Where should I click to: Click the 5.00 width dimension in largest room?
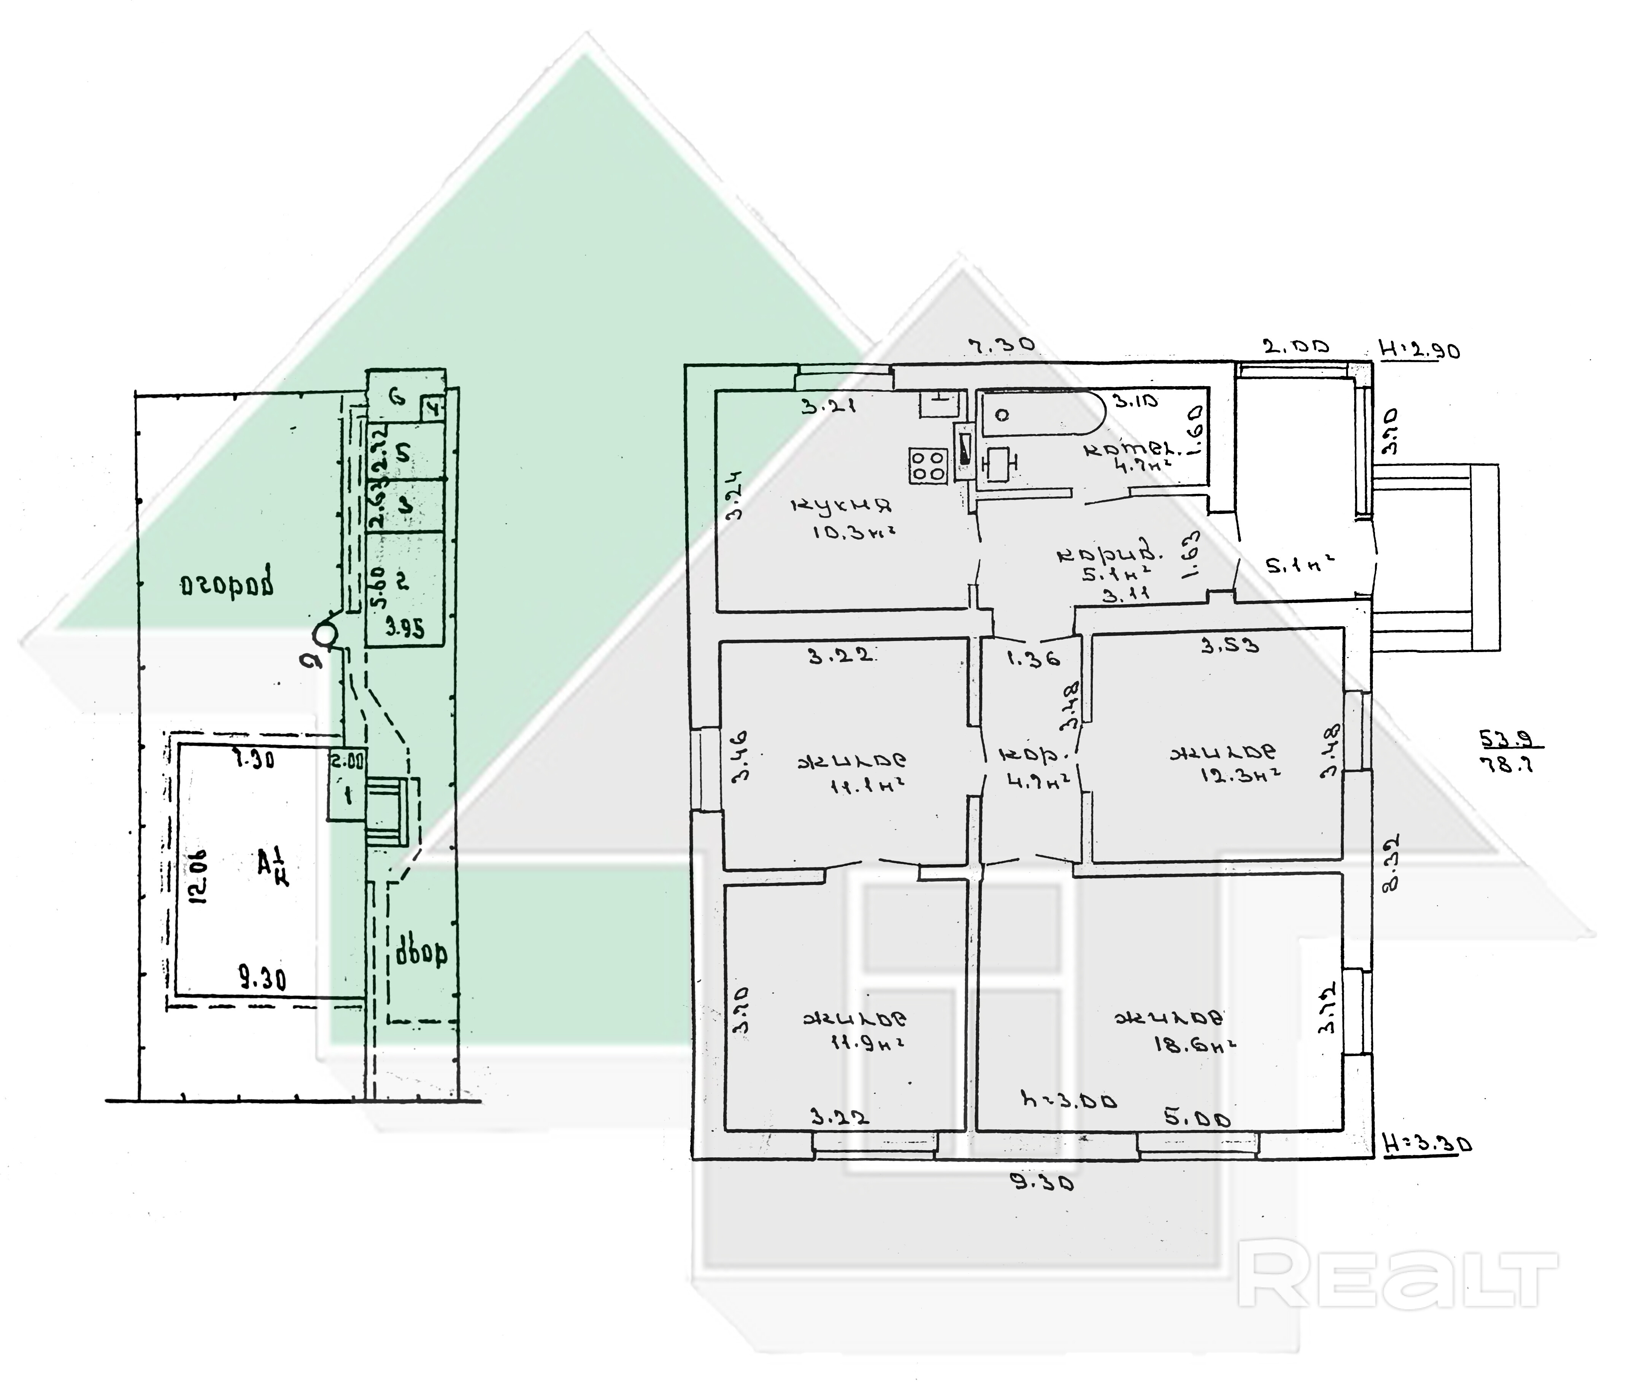tap(1197, 1119)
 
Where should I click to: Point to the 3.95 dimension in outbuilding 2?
tap(405, 628)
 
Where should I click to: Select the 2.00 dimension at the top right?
tap(1295, 347)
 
